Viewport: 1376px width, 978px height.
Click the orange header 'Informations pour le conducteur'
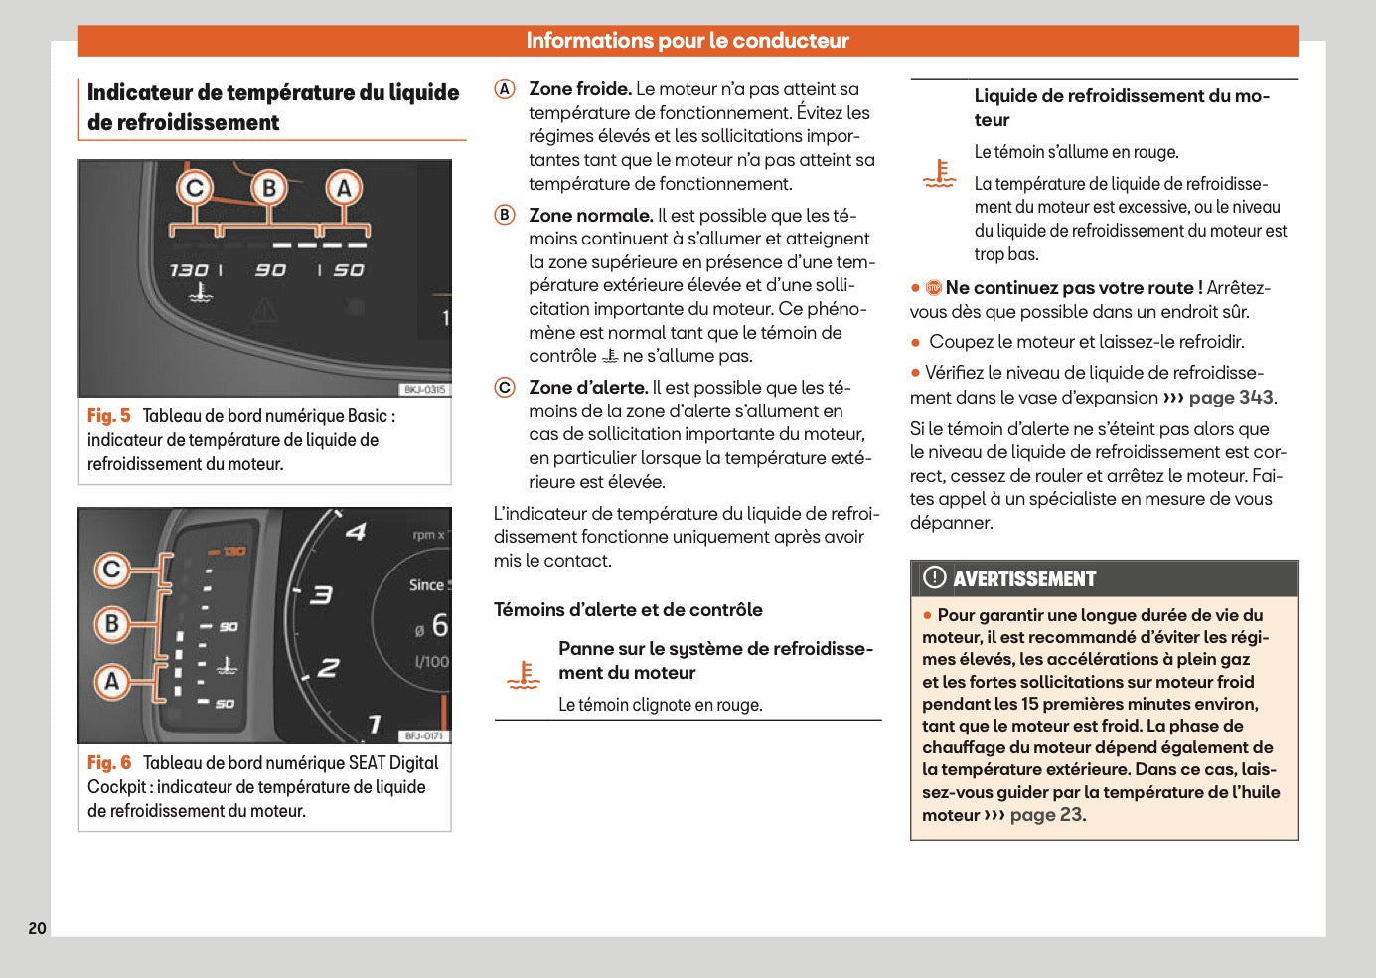click(688, 41)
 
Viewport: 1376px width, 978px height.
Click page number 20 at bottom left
click(37, 928)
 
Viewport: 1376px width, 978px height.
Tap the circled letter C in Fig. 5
click(195, 188)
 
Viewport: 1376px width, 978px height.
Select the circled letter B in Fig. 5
click(268, 188)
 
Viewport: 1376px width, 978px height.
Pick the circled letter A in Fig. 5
click(344, 188)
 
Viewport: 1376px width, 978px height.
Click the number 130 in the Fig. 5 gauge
click(188, 270)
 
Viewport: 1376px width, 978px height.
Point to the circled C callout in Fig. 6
click(112, 570)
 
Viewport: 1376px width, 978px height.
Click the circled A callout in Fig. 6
click(112, 681)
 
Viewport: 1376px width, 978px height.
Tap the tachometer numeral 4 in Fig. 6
click(355, 532)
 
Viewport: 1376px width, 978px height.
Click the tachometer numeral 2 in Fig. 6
click(328, 668)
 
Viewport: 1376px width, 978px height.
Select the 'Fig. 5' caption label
click(108, 416)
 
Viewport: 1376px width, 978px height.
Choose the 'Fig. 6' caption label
click(108, 763)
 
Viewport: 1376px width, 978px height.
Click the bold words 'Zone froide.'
click(579, 89)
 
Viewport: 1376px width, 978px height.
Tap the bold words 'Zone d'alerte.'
click(588, 388)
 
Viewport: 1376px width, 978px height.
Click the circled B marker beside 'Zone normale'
click(505, 215)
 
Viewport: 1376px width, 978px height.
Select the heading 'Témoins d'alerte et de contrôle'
click(628, 610)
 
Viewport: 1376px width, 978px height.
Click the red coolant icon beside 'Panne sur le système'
click(523, 675)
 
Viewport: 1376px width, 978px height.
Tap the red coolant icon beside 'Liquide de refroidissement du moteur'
click(939, 173)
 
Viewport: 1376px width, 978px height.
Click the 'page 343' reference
click(1231, 398)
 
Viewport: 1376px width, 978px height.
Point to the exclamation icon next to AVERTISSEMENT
click(934, 577)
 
